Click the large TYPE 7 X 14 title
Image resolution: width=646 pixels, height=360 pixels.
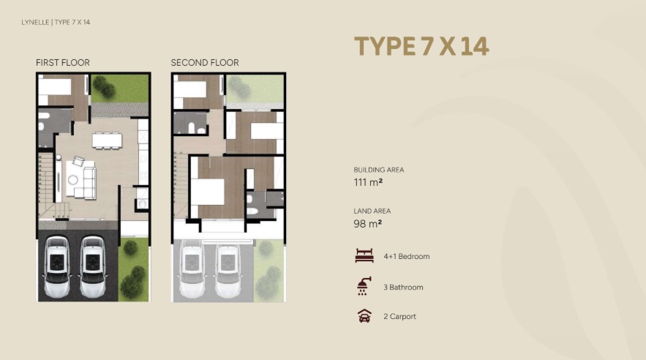(421, 46)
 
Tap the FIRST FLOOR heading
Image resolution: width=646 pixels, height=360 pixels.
(63, 63)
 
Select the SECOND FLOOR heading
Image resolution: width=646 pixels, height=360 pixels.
(205, 63)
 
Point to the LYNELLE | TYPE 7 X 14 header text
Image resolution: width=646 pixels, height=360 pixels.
(56, 22)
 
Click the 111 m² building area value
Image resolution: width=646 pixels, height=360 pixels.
(368, 182)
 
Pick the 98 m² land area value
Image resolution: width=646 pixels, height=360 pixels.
(367, 224)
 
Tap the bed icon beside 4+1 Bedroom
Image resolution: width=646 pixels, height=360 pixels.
(364, 256)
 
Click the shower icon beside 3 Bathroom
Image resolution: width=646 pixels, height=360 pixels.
(364, 286)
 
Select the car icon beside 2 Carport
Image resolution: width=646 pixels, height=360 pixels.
(364, 316)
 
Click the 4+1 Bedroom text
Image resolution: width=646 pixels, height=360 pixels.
(407, 256)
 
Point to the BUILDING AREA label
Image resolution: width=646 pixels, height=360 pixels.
(379, 170)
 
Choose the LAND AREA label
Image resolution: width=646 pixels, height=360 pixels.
(372, 211)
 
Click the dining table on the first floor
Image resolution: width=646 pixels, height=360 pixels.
(107, 140)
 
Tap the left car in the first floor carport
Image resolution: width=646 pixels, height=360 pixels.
(57, 266)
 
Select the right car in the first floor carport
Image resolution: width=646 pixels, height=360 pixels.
(93, 266)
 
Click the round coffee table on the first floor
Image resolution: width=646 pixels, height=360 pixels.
(73, 180)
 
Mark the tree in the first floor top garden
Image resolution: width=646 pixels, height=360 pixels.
(104, 86)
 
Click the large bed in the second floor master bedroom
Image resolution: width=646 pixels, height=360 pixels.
(207, 192)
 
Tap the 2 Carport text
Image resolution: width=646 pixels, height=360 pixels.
(399, 316)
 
